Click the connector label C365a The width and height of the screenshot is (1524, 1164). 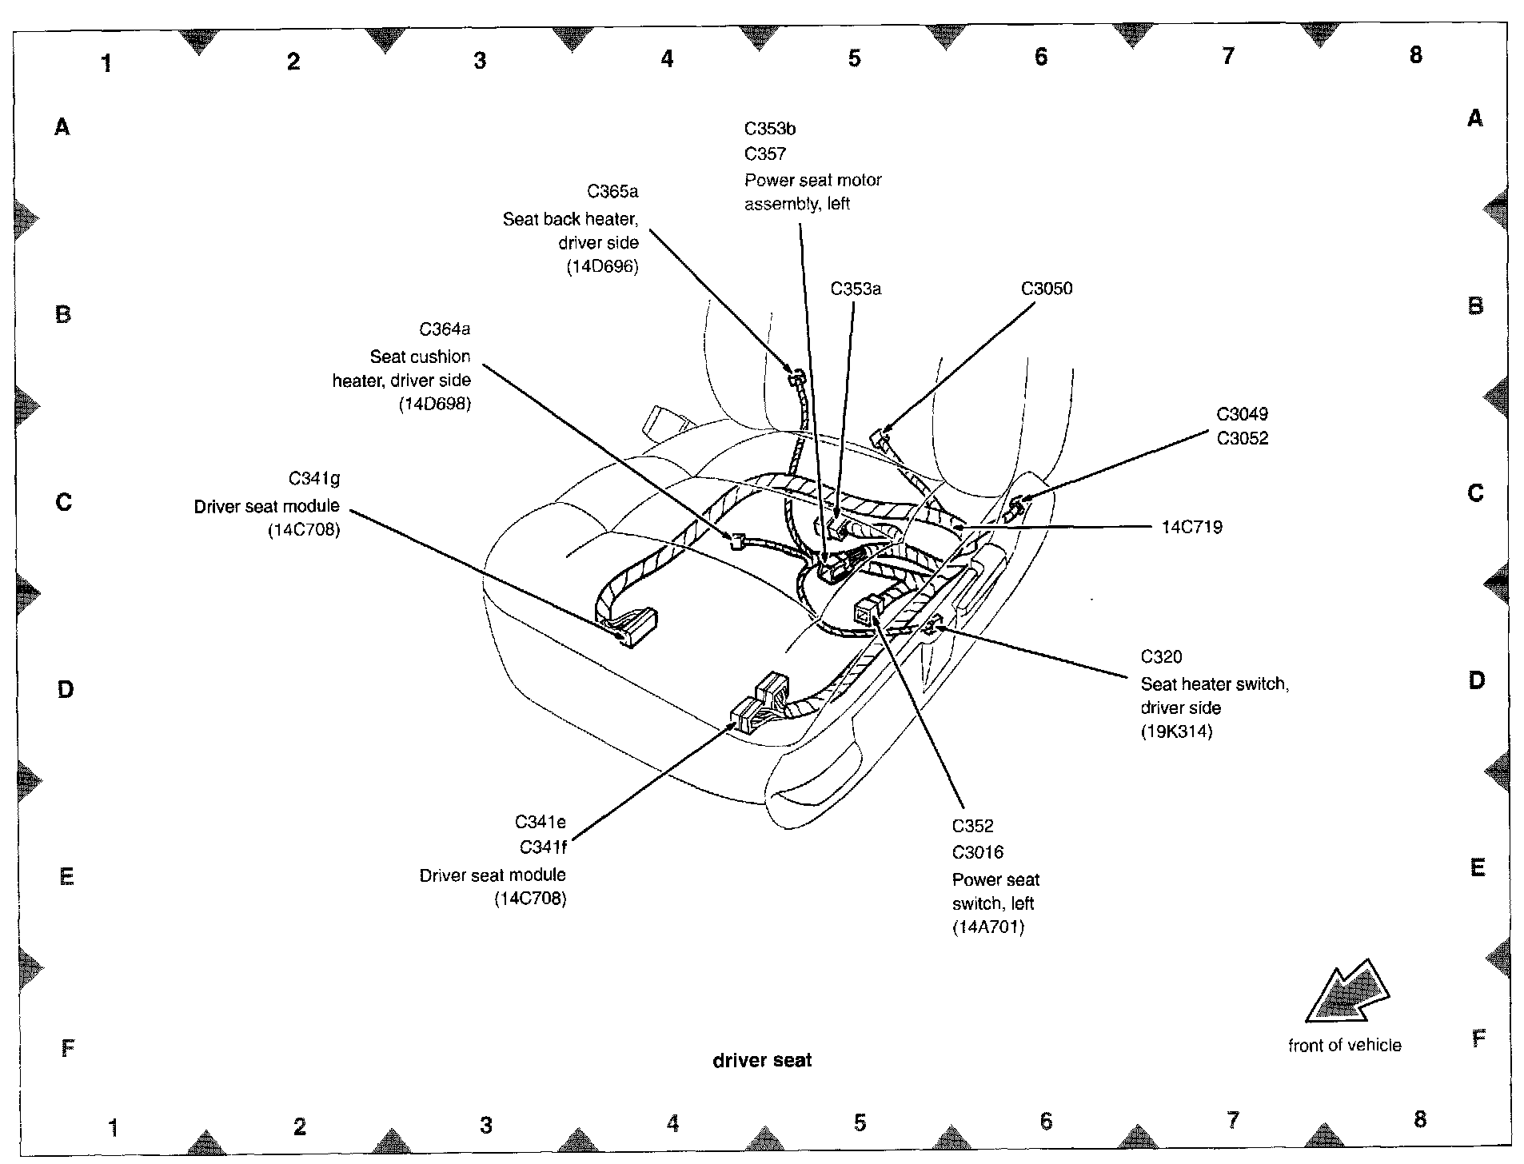612,192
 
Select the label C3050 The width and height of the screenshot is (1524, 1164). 1046,289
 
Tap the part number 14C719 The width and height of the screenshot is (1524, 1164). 1191,528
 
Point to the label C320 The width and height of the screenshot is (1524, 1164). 1161,657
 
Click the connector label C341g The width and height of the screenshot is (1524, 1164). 313,479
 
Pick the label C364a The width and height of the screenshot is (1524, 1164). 445,329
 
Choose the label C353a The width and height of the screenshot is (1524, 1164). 856,289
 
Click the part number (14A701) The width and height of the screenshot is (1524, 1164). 987,927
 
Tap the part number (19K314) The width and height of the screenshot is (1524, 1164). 1176,731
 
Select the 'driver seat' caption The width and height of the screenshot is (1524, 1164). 762,1061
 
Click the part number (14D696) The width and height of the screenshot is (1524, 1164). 602,267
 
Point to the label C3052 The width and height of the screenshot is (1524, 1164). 1242,439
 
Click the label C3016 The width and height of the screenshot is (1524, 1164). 977,853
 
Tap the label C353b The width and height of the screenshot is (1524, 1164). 770,129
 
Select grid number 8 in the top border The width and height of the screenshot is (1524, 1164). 1415,54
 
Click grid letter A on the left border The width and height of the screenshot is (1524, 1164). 62,126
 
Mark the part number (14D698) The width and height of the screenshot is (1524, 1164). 434,405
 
